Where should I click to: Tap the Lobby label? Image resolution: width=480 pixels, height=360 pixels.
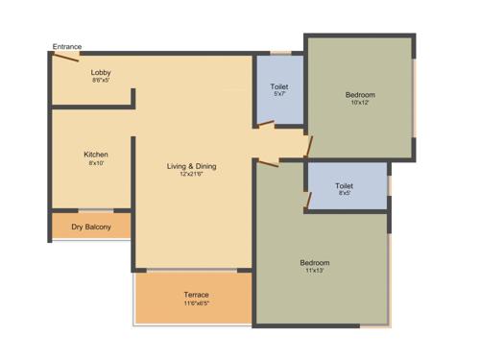[x=102, y=72]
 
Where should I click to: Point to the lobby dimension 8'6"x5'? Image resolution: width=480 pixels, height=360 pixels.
[x=102, y=81]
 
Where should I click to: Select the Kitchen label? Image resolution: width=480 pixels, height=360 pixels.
[x=96, y=154]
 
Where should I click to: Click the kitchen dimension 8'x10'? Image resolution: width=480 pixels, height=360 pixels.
[x=96, y=162]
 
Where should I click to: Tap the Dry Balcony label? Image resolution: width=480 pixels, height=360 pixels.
[x=91, y=228]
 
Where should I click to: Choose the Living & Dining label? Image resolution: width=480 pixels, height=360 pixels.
[x=193, y=166]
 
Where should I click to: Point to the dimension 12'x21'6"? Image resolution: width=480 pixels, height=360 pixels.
[x=193, y=175]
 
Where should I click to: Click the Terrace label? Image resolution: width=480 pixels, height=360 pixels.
[x=196, y=294]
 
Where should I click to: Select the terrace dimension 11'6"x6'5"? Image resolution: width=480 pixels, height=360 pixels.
[x=196, y=302]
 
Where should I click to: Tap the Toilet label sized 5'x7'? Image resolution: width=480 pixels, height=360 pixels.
[x=279, y=87]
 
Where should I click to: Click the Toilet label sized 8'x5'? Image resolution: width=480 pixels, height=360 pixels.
[x=344, y=185]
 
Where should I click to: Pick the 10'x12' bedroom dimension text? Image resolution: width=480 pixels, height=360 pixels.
[x=360, y=104]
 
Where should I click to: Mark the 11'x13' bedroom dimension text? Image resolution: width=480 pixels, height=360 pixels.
[x=315, y=272]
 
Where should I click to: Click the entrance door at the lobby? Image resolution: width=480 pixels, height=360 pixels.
[x=65, y=57]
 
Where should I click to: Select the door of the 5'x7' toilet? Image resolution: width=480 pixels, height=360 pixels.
[x=267, y=124]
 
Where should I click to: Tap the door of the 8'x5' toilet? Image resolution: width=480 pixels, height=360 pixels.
[x=307, y=200]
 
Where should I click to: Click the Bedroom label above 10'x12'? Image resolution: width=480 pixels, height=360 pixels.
[x=360, y=95]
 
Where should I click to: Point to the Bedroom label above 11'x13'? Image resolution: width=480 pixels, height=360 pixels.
[x=315, y=262]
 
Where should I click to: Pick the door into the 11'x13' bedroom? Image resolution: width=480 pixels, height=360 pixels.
[x=268, y=163]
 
